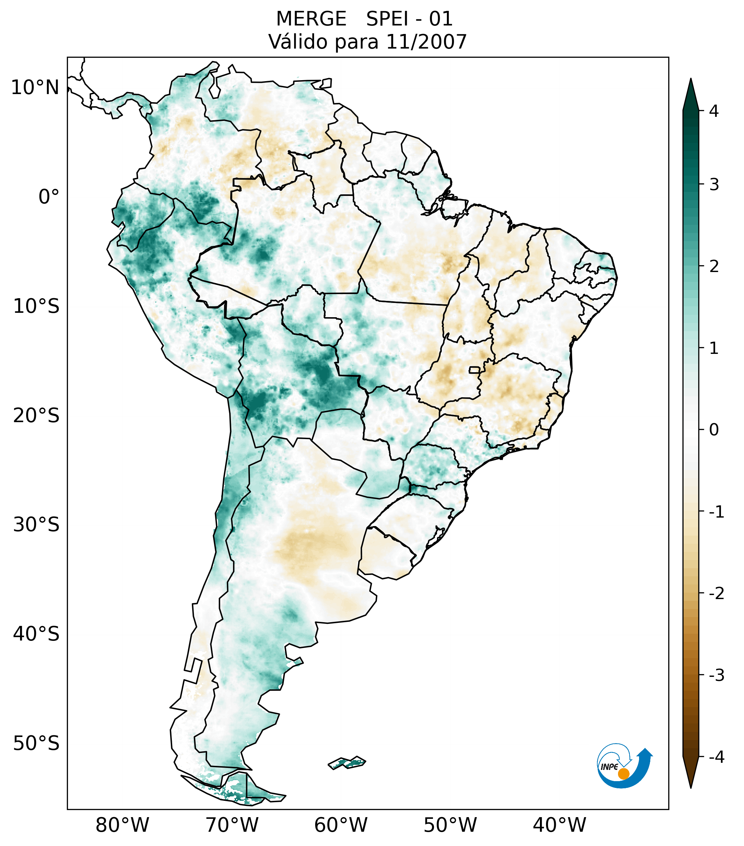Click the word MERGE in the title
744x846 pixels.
(311, 19)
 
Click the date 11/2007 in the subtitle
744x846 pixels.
(426, 42)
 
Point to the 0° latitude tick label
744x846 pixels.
(49, 197)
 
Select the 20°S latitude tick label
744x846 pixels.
(36, 416)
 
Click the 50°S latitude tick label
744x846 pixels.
(36, 744)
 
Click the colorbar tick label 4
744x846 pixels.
(714, 111)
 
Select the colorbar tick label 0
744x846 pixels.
(714, 430)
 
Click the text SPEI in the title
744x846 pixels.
(386, 19)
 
